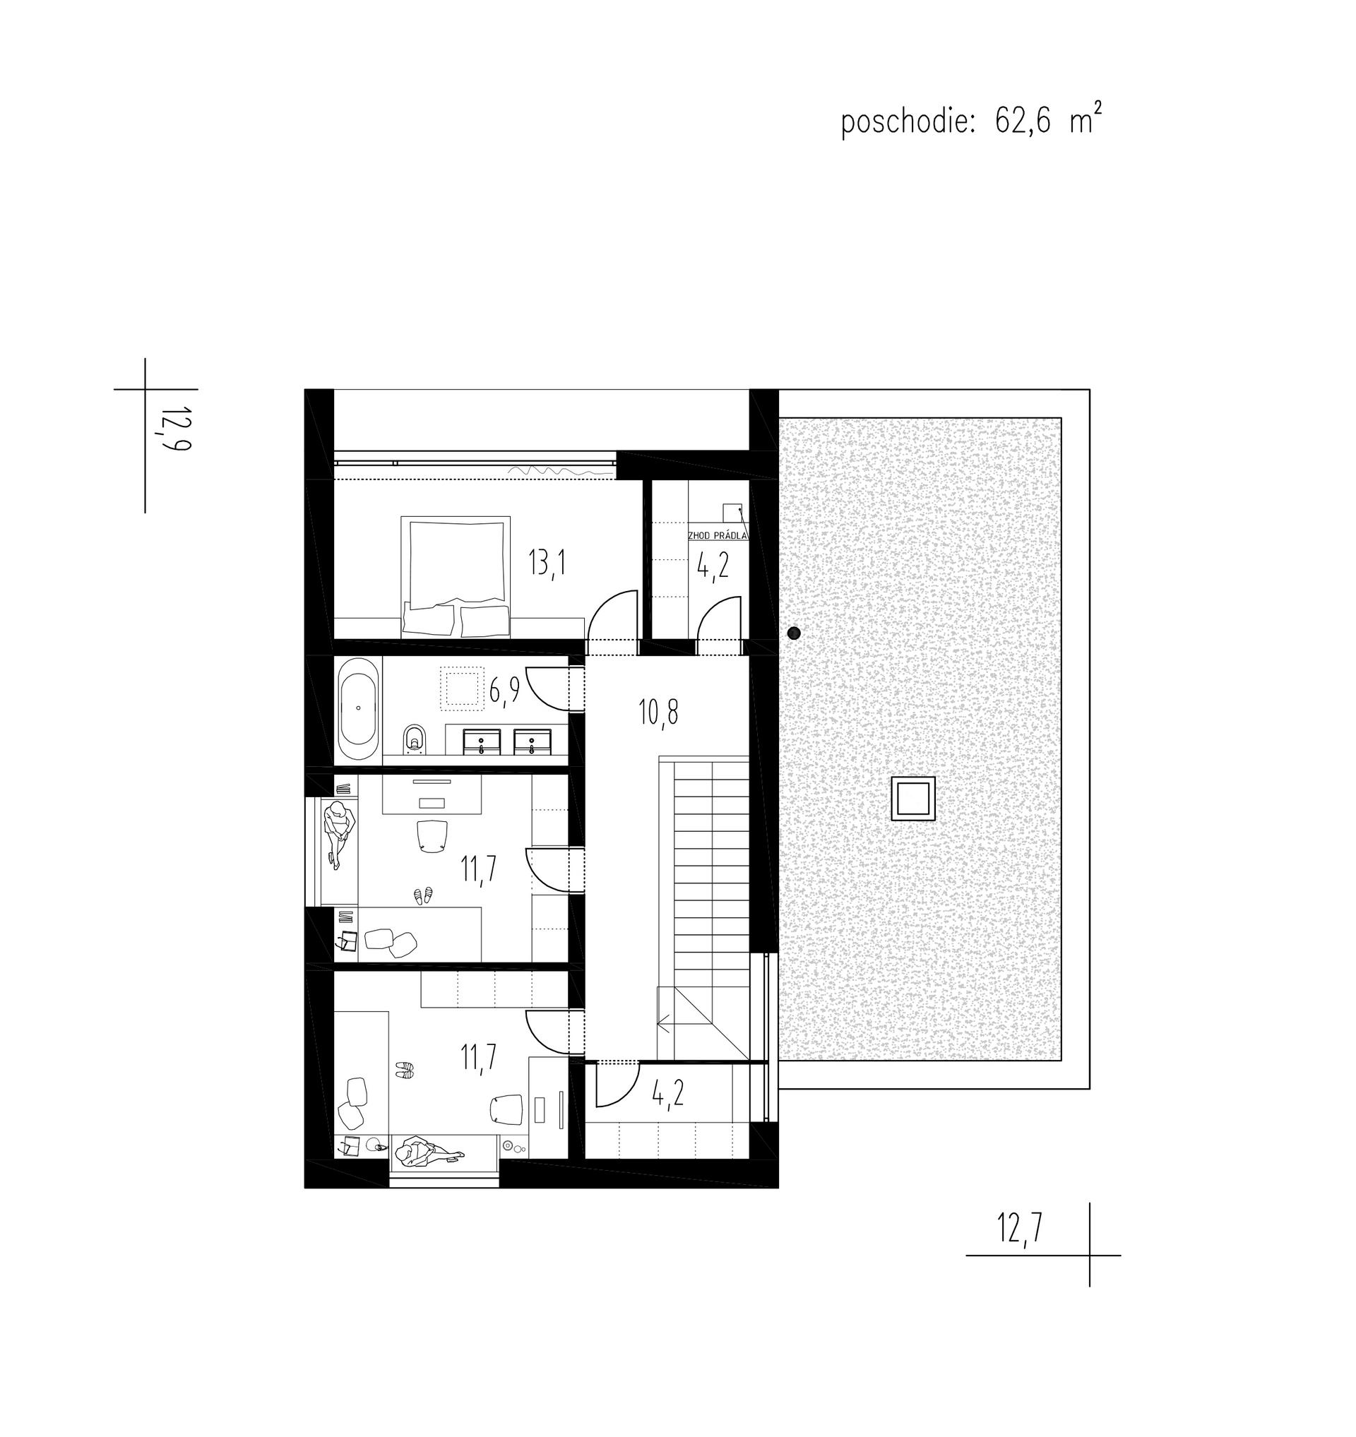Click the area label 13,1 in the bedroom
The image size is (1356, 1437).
coord(547,562)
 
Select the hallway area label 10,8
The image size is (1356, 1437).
coord(658,712)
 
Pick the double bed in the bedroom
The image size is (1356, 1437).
coord(456,576)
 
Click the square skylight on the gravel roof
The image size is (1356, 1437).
coord(914,799)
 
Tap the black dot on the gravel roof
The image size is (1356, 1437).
coord(794,633)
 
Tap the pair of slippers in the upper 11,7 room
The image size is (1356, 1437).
coord(422,895)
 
